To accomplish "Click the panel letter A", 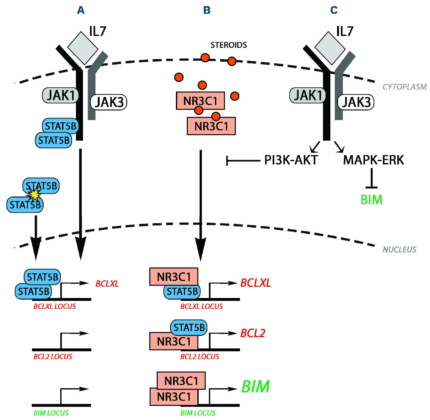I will click(81, 10).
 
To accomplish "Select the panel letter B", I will click(207, 10).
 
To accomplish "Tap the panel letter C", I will click(334, 10).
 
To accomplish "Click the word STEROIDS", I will click(228, 45).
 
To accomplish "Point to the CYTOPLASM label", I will click(404, 87).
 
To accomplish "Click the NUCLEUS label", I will click(400, 249).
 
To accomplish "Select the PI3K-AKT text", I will click(291, 160).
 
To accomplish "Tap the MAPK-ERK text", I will click(373, 160).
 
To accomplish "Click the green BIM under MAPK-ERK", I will click(371, 200).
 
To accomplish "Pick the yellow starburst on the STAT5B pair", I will click(34, 194).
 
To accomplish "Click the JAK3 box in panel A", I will click(109, 102).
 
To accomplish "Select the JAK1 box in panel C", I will click(308, 95).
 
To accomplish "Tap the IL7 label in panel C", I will click(344, 31).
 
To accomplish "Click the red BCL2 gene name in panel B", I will click(253, 333).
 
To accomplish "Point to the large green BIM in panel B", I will click(255, 387).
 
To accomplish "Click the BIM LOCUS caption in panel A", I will click(51, 413).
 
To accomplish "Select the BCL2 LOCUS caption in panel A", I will click(53, 356).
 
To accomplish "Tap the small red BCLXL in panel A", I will click(107, 284).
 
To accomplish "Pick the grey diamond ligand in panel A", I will click(83, 48).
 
